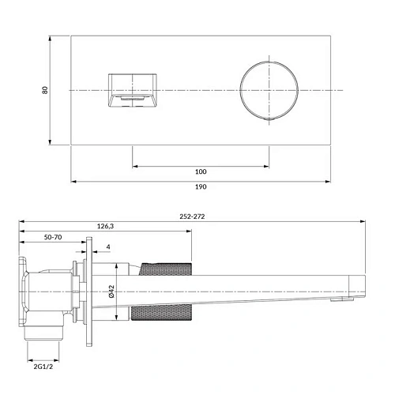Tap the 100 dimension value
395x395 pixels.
click(201, 171)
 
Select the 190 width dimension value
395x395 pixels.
click(201, 186)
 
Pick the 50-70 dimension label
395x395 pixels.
click(53, 237)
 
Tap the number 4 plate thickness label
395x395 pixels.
click(107, 247)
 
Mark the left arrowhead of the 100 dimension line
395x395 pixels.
click(134, 166)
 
